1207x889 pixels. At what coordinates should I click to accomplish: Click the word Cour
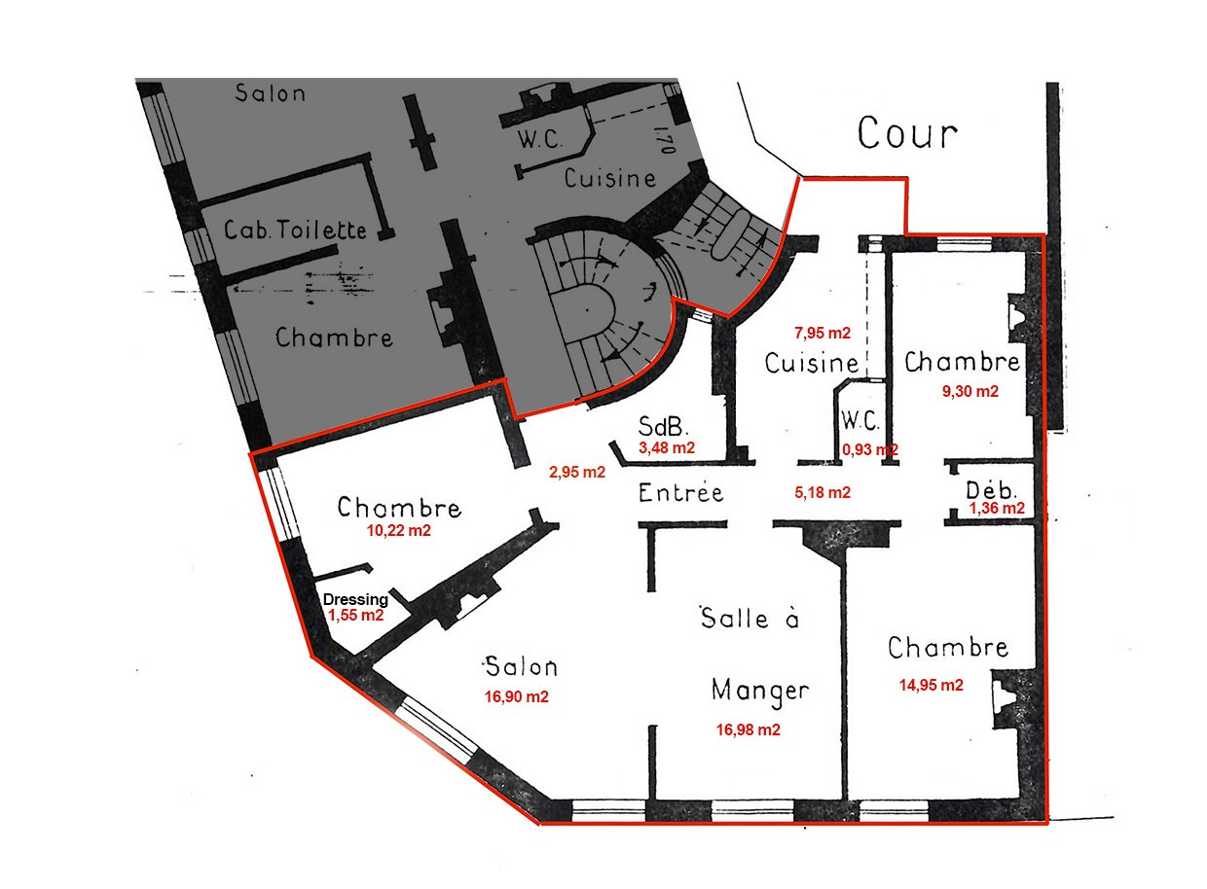click(x=907, y=133)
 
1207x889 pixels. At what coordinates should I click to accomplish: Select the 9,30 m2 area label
click(x=967, y=391)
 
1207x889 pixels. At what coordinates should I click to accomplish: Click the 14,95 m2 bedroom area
click(x=931, y=685)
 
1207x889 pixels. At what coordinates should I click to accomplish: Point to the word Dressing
click(x=355, y=600)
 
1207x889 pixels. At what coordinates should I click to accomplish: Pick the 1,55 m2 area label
click(x=354, y=616)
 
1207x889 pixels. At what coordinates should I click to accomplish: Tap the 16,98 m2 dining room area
click(x=748, y=729)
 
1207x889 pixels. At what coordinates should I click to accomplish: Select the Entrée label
click(x=681, y=492)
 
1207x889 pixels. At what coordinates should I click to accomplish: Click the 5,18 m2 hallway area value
click(x=823, y=493)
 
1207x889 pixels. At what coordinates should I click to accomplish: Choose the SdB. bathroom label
click(x=664, y=427)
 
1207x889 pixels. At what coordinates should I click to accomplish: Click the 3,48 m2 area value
click(x=666, y=448)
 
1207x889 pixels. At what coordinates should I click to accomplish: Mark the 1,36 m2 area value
click(x=996, y=507)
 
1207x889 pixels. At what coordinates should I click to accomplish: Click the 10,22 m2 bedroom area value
click(x=398, y=531)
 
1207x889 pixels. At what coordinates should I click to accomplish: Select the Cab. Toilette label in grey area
click(x=295, y=231)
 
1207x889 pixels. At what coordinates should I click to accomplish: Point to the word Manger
click(x=760, y=690)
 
